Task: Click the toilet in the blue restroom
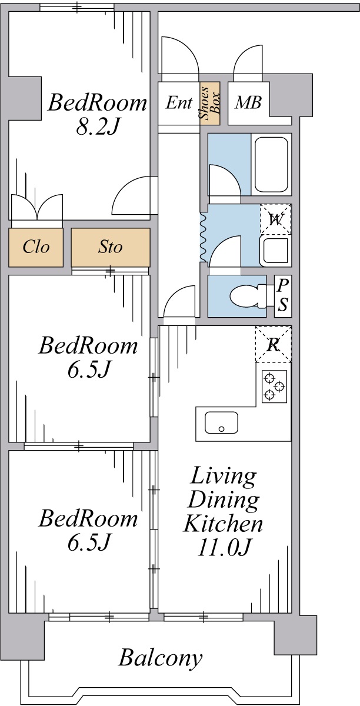[x=248, y=297]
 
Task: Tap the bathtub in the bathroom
[x=271, y=164]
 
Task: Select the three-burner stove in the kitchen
[x=274, y=387]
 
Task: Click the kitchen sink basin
[x=221, y=422]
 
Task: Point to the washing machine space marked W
[x=275, y=219]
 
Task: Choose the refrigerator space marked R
[x=273, y=344]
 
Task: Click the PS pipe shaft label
[x=283, y=295]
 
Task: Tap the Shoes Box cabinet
[x=209, y=103]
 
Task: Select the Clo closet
[x=36, y=247]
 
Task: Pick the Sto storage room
[x=111, y=247]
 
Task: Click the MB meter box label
[x=248, y=102]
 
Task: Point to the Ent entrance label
[x=179, y=102]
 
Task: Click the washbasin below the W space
[x=275, y=251]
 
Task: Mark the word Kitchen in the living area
[x=223, y=524]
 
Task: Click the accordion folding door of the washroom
[x=204, y=238]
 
